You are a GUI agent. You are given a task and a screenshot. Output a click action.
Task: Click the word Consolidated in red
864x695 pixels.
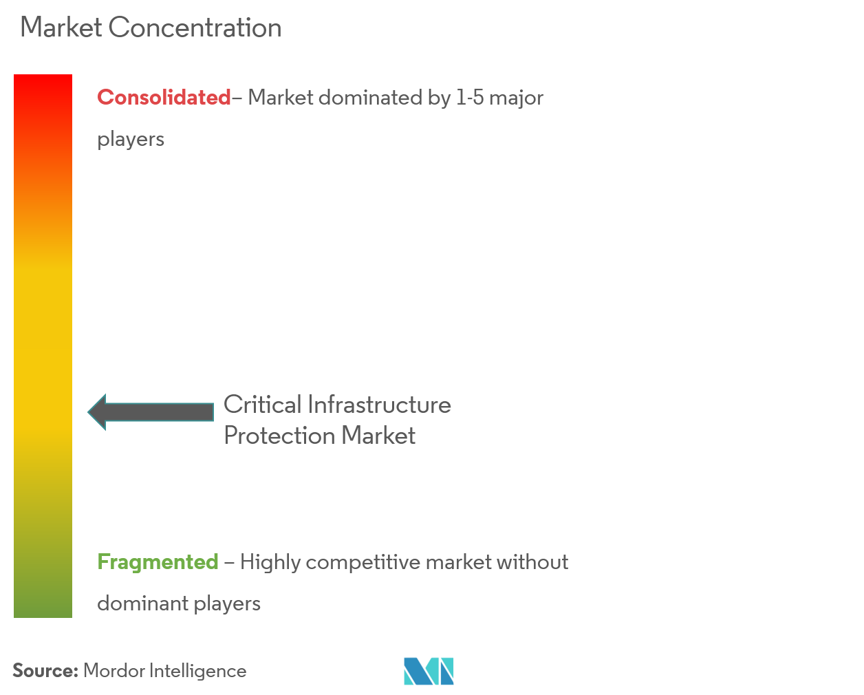click(x=164, y=98)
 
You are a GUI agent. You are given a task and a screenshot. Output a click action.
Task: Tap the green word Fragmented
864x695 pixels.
click(x=158, y=562)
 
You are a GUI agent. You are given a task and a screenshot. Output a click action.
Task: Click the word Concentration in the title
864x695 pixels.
click(x=195, y=28)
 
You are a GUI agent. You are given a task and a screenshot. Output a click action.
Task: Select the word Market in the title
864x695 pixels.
click(x=61, y=28)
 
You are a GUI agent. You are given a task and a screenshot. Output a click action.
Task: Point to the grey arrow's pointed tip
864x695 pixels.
click(x=89, y=412)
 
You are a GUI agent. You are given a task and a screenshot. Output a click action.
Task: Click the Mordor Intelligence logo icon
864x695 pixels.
click(x=429, y=671)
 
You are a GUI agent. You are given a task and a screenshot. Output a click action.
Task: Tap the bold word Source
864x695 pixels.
click(x=45, y=671)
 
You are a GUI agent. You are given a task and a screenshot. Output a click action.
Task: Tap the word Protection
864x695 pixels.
click(x=279, y=436)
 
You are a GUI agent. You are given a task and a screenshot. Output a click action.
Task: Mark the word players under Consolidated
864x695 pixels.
click(x=131, y=140)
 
